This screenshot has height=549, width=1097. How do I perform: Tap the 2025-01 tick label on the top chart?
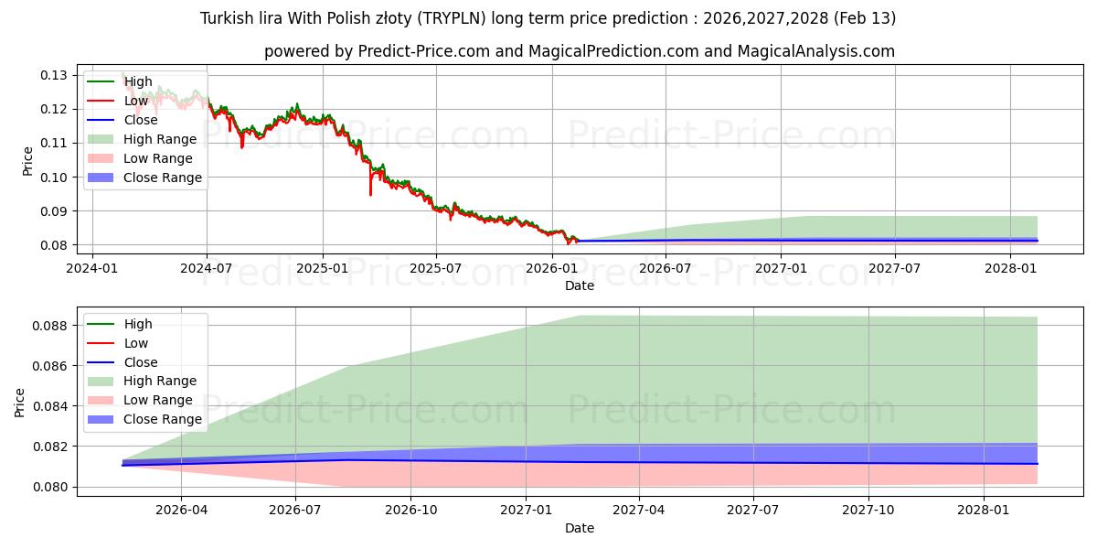(x=322, y=268)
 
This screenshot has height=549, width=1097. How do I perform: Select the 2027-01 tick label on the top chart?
(x=781, y=268)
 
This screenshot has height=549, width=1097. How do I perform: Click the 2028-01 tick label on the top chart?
(x=1010, y=268)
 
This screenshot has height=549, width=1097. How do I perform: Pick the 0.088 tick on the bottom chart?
(x=50, y=326)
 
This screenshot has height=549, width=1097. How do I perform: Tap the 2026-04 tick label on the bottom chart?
(x=181, y=511)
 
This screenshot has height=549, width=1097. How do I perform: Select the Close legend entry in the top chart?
(x=141, y=120)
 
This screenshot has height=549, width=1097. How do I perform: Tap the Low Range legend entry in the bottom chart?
(x=158, y=400)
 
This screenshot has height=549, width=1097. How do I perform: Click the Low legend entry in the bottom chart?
(x=136, y=343)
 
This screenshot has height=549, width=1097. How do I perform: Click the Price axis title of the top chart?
(x=27, y=161)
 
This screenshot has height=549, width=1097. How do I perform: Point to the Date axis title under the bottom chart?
(x=580, y=528)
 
